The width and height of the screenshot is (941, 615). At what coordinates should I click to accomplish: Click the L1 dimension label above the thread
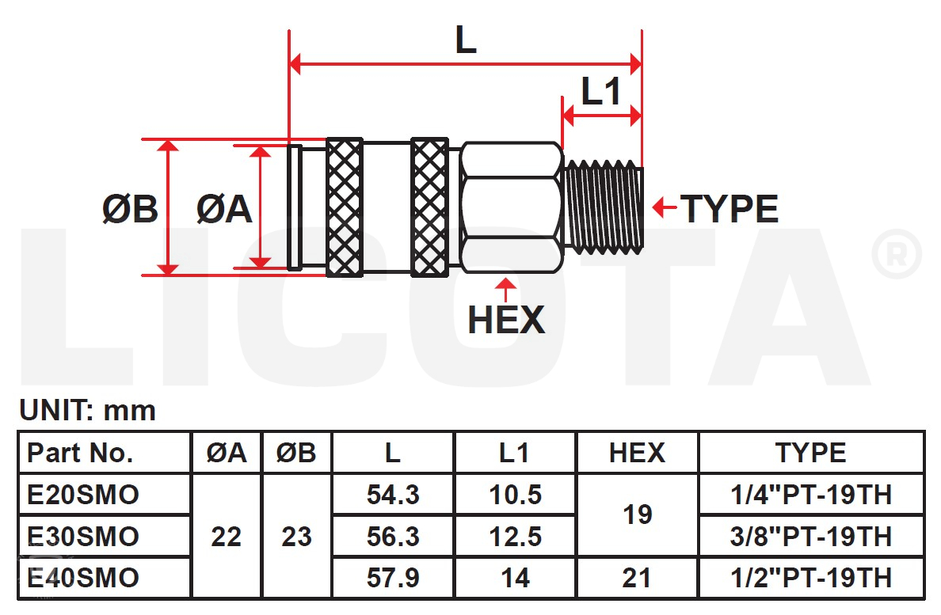[600, 92]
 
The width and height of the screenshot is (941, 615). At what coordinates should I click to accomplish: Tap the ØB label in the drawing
[130, 209]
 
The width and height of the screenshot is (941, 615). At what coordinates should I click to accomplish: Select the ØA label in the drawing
[224, 209]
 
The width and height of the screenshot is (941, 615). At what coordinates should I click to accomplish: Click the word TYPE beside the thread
[730, 209]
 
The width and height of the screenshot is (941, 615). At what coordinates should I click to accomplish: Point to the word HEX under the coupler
[506, 320]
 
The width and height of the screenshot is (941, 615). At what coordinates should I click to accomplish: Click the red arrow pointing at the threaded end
[665, 207]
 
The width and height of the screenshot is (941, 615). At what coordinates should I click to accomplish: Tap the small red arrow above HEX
[506, 290]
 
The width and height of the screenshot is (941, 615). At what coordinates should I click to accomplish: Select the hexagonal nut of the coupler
[512, 207]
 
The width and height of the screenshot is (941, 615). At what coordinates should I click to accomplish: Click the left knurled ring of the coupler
[345, 207]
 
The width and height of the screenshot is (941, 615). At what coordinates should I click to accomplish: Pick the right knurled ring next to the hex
[429, 207]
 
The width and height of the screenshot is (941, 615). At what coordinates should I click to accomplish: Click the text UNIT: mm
[88, 411]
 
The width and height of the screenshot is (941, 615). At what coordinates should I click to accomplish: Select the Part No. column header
[80, 453]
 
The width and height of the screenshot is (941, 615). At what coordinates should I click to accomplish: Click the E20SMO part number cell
[83, 495]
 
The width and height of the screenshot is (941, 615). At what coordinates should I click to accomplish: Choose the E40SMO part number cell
[83, 578]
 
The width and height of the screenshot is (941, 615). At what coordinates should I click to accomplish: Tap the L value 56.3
[393, 537]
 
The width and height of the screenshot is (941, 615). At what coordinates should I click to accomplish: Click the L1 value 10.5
[516, 495]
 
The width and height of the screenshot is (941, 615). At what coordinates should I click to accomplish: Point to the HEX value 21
[637, 578]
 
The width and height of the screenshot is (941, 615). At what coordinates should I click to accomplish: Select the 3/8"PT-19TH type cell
[811, 537]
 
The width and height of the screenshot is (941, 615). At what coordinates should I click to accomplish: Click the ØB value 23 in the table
[296, 537]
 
